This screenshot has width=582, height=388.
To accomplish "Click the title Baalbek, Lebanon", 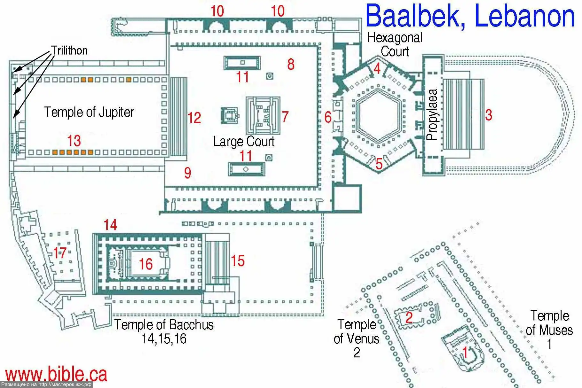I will coord(470,16).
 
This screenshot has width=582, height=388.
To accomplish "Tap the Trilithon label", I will coord(69,50).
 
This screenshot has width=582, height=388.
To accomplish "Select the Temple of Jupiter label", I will coord(89,112).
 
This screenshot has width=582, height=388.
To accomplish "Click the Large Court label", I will coord(244,142).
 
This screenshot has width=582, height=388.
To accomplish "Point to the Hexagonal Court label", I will coord(394,45).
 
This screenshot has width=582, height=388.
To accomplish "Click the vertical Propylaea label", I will coord(432,115).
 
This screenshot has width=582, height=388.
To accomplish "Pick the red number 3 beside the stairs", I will coord(488,115).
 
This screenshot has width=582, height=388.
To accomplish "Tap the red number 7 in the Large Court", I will coord(285,117).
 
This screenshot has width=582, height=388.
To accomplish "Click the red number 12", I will coord(194,118).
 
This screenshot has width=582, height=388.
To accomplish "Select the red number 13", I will coord(74,141).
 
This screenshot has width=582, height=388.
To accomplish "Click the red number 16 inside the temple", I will coord(146,264).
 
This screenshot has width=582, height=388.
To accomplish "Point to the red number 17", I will coord(60,253).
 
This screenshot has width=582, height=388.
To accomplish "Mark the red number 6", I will coord(328,117).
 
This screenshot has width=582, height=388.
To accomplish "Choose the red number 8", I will coord(291,64).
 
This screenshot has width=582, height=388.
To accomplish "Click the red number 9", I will coord(188,173).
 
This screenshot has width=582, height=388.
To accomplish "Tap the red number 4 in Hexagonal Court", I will coord(377,69).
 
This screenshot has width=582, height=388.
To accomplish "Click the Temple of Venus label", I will coord(357,332).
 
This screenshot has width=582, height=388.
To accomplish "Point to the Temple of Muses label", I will coord(549,323).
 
